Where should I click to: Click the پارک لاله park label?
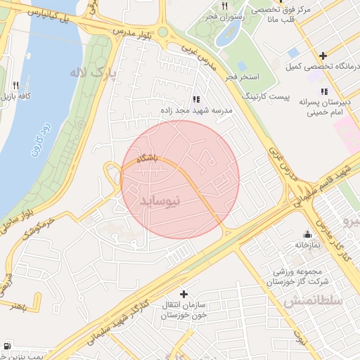[x=90, y=72]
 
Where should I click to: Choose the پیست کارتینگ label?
[x=266, y=94]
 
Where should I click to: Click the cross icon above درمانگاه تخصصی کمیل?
[x=323, y=56]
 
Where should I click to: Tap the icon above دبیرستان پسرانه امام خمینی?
[x=324, y=91]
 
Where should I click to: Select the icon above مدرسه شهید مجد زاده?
[x=195, y=100]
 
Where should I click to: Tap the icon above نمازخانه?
[x=307, y=234]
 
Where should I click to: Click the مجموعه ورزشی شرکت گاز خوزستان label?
[x=293, y=276]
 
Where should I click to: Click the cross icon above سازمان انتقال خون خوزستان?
[x=184, y=293]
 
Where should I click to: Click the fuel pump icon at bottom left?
[x=7, y=346]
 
